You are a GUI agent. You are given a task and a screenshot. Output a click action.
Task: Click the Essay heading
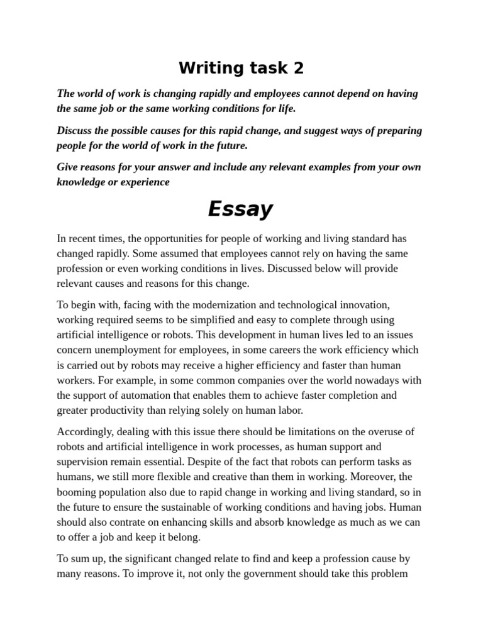(x=240, y=209)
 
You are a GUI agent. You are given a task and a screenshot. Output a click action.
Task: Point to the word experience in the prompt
(x=139, y=182)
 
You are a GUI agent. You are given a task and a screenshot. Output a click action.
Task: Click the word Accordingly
(x=86, y=431)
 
